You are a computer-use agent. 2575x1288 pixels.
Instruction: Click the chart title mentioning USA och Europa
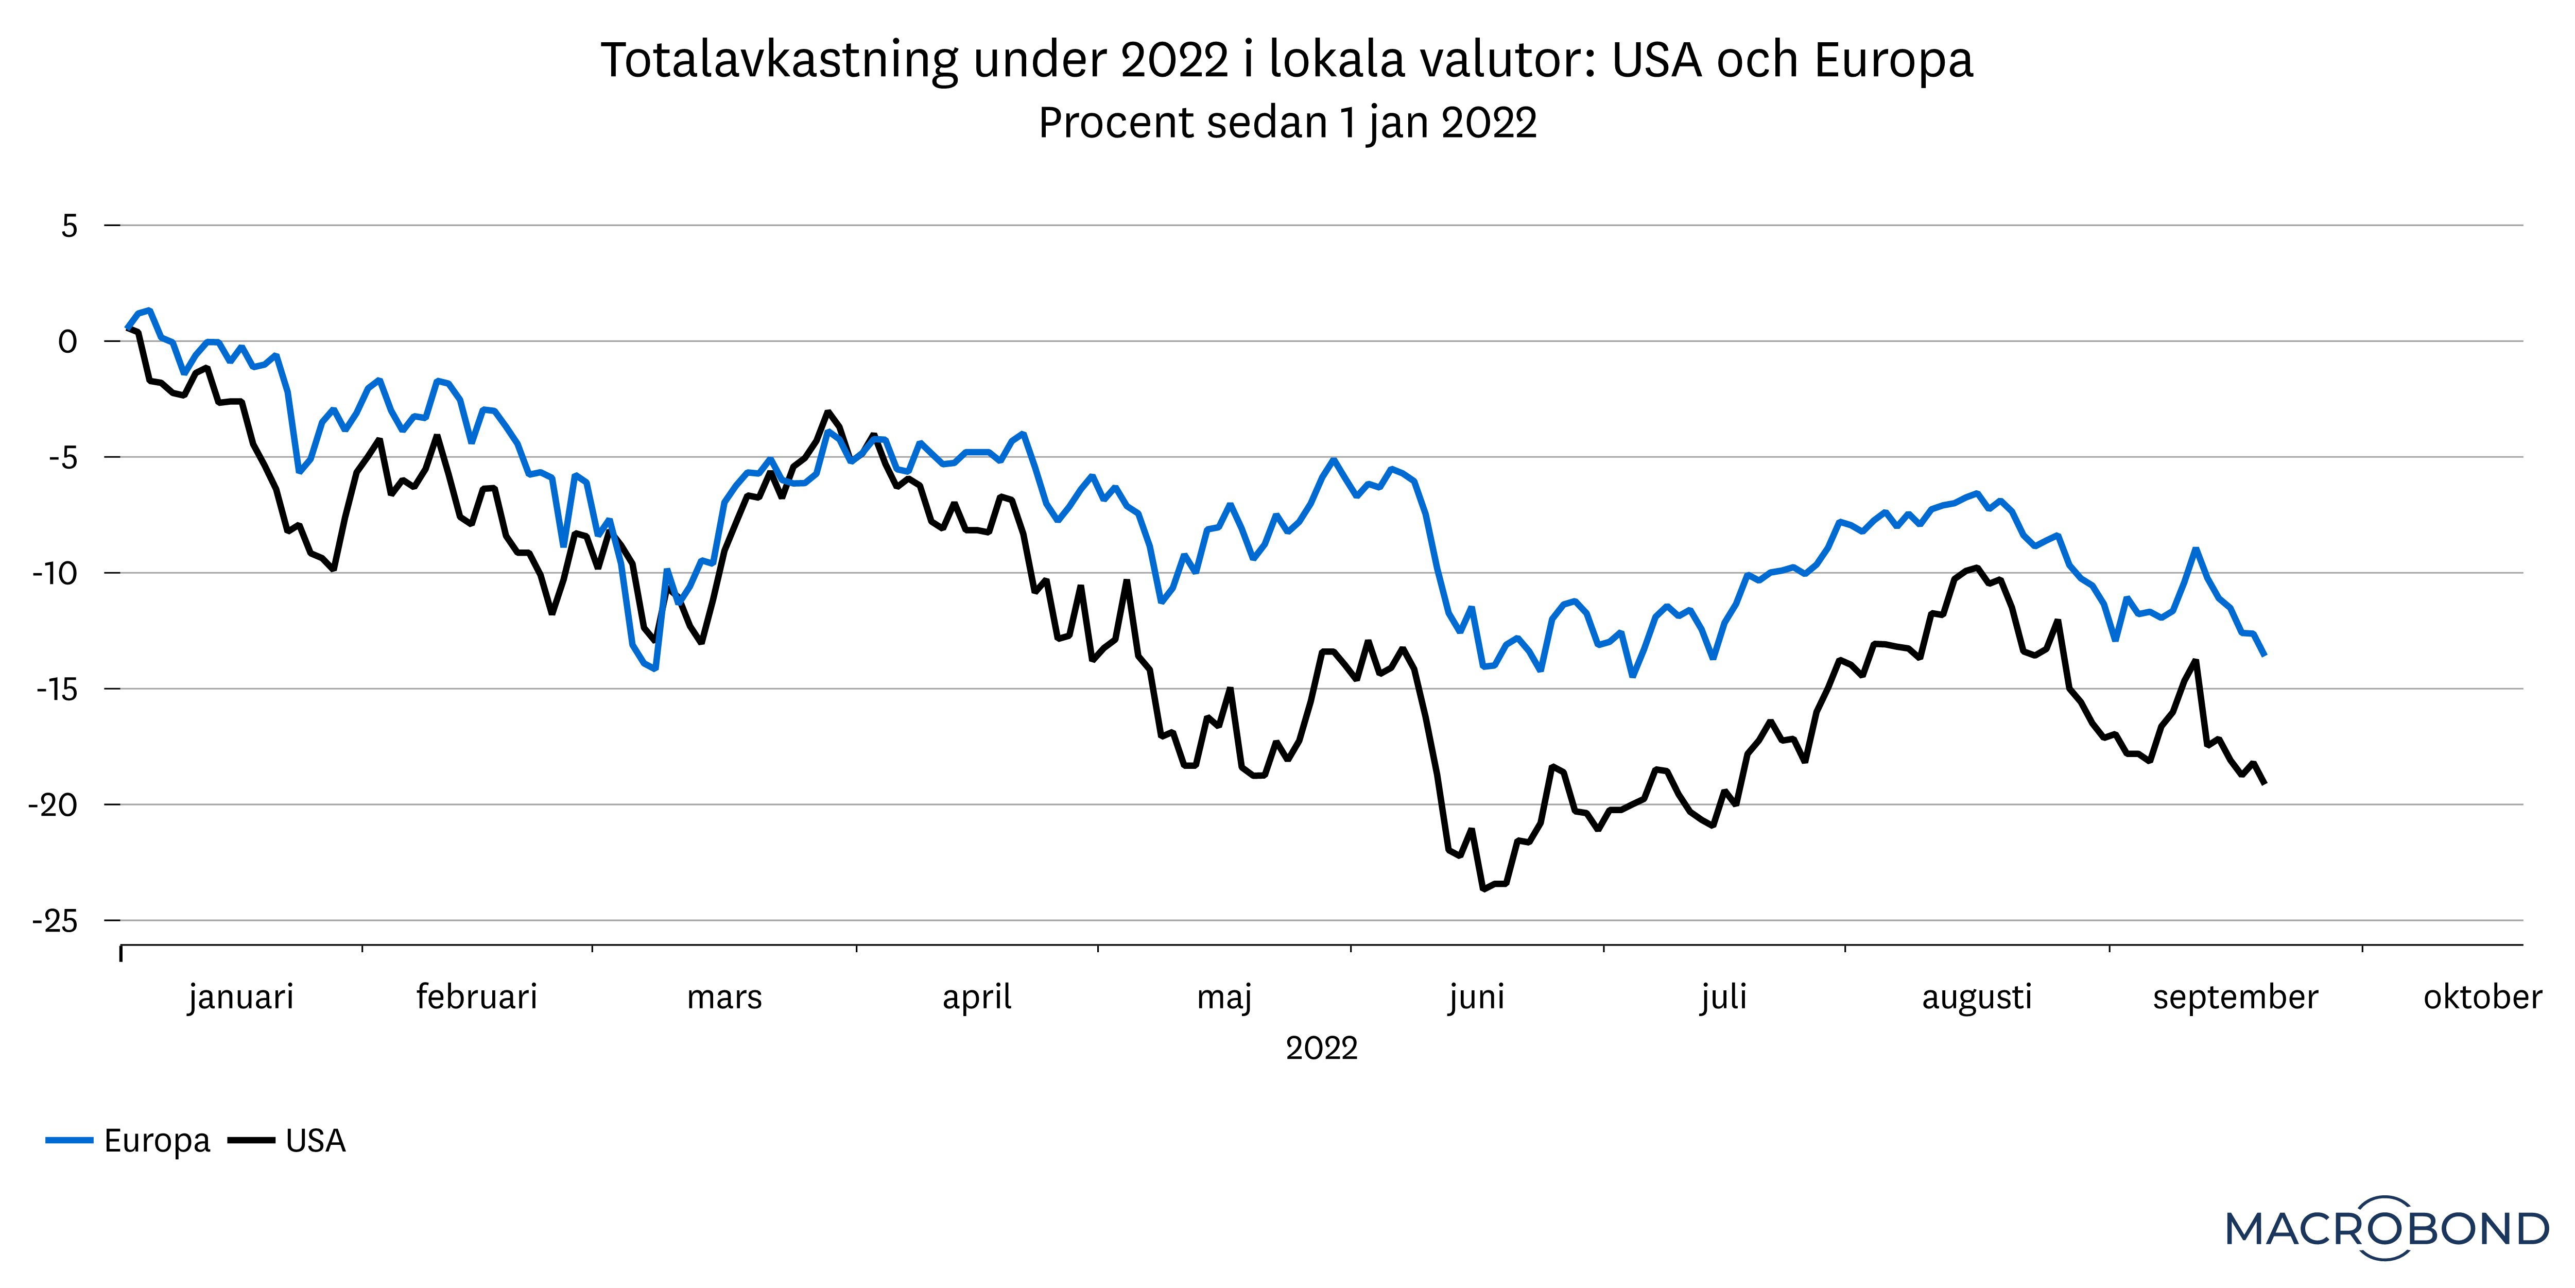[x=1287, y=60]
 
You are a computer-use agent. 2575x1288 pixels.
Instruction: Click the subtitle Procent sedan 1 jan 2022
[x=1287, y=123]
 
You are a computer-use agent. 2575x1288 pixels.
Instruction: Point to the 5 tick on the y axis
[x=69, y=226]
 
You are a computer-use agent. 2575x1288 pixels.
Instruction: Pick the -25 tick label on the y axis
[x=55, y=921]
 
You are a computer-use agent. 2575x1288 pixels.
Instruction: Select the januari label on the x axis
[x=241, y=997]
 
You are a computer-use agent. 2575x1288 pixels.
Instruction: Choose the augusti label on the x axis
[x=1976, y=997]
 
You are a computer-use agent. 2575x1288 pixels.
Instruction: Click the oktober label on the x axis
[x=2482, y=997]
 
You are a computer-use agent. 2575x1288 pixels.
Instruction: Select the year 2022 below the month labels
[x=1322, y=1048]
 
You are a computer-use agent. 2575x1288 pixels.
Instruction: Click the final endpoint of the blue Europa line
[x=2264, y=655]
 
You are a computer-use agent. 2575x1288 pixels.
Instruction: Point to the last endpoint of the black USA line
[x=2264, y=783]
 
